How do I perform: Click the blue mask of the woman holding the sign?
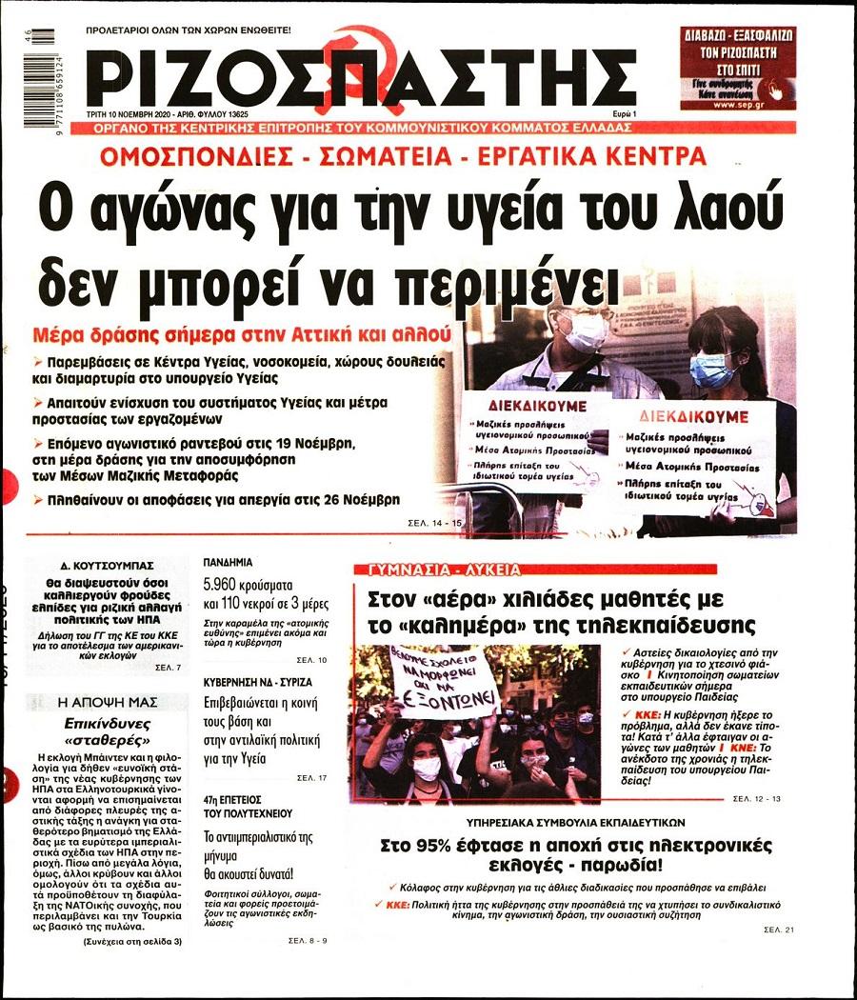(x=710, y=370)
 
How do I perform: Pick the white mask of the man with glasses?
(x=584, y=330)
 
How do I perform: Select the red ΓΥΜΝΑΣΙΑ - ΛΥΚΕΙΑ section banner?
(x=439, y=570)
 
